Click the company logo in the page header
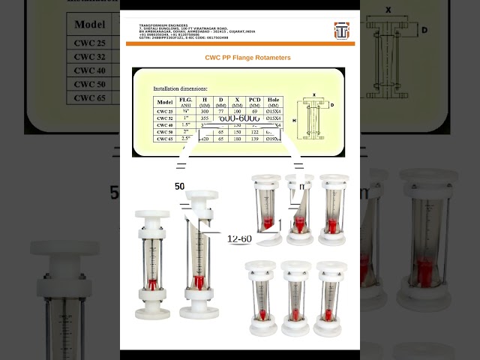click(341, 30)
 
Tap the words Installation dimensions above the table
click(181, 88)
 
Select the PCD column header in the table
click(255, 102)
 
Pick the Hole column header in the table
click(274, 102)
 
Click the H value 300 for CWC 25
click(204, 111)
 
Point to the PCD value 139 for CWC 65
click(255, 139)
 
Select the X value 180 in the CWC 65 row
click(238, 139)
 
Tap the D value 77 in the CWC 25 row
click(220, 111)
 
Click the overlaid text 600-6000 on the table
click(239, 119)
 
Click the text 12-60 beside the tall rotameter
click(239, 238)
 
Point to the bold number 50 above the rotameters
click(180, 186)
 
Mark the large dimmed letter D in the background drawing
click(424, 30)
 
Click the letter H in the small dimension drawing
click(295, 120)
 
